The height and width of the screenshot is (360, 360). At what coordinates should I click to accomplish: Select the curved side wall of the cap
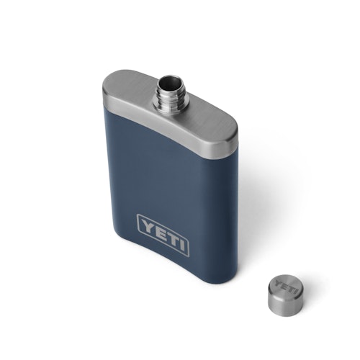[282, 303]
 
